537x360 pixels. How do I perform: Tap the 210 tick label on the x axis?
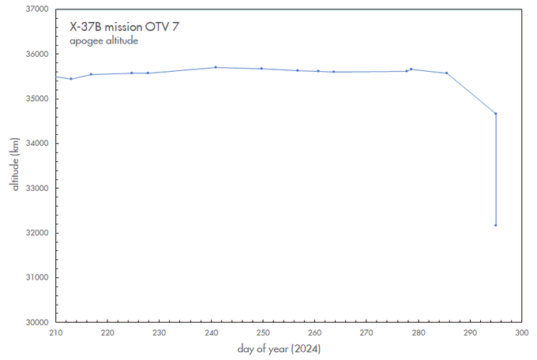(x=55, y=333)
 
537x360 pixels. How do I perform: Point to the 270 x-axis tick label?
(x=366, y=333)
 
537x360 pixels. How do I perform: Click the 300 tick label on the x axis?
(x=521, y=333)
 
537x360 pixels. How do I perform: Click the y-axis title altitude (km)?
(x=15, y=165)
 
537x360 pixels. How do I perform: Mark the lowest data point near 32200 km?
(x=495, y=225)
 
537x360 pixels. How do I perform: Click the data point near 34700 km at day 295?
(x=495, y=114)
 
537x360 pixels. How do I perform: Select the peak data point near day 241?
(x=216, y=67)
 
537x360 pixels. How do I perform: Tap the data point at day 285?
(x=446, y=73)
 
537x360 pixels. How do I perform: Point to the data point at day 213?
(x=71, y=79)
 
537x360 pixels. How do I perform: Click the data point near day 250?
(x=261, y=69)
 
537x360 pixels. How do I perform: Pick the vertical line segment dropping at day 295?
(x=495, y=170)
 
